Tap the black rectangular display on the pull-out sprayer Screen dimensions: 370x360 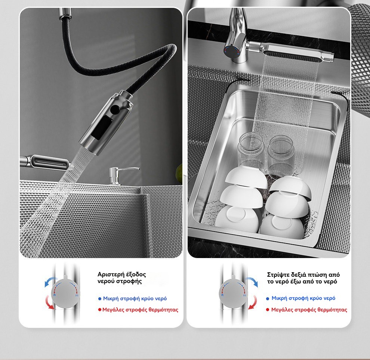102,128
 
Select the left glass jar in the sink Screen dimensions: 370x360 251,151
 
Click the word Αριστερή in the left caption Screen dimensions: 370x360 111,274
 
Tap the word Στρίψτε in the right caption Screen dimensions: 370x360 278,274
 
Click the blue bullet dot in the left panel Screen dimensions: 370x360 99,299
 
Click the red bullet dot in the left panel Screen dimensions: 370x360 99,310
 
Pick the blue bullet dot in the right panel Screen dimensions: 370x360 268,299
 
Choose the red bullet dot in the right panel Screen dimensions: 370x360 268,310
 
